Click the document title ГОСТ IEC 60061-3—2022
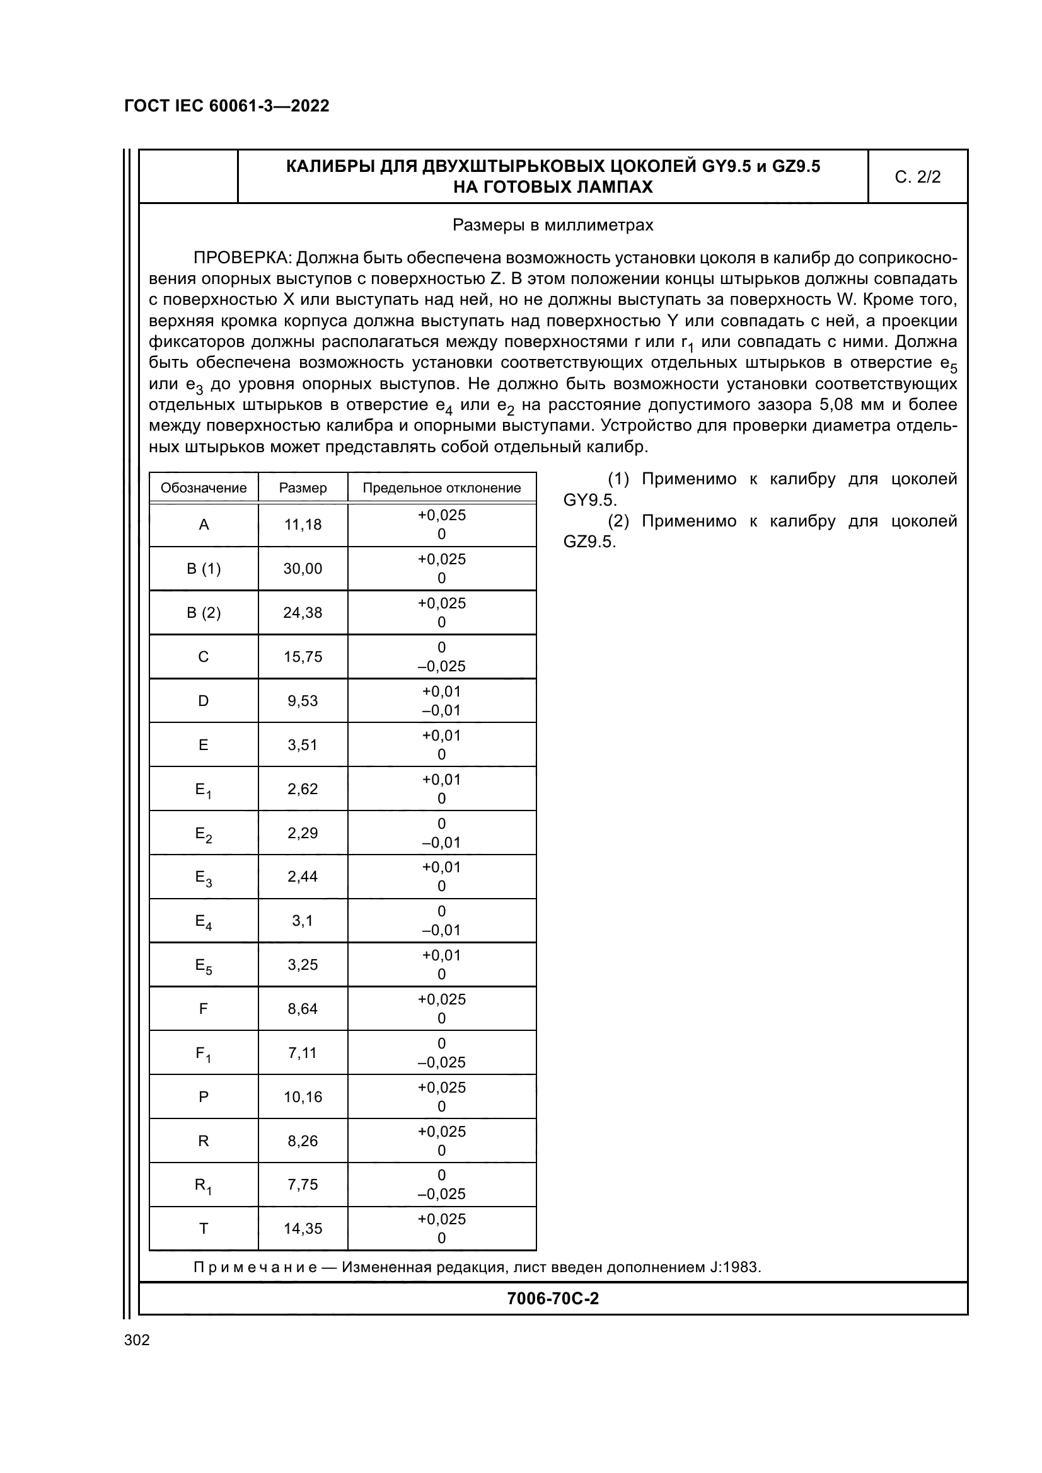[227, 106]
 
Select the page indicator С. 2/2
[917, 177]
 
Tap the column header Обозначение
[204, 487]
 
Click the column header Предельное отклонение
[442, 487]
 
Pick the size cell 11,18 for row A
[303, 525]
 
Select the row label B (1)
[204, 569]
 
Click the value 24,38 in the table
[303, 613]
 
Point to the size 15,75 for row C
[303, 657]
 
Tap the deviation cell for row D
[442, 700]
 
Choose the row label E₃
[204, 877]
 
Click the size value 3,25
[303, 965]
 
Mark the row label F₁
[204, 1054]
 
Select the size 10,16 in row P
[303, 1097]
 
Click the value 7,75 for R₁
[303, 1185]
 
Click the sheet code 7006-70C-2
[553, 1299]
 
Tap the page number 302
[137, 1340]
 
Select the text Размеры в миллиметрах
[553, 225]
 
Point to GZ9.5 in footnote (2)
[589, 542]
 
